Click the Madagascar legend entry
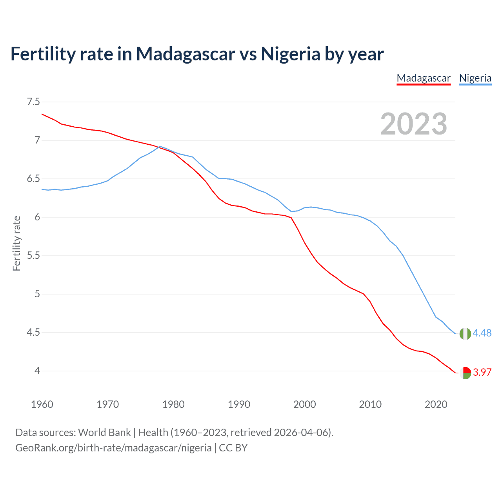424,78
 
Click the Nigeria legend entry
475,78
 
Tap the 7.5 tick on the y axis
33,102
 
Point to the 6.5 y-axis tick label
33,179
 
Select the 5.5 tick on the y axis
33,256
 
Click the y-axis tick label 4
37,371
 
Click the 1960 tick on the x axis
42,404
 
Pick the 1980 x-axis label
173,404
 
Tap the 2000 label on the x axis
304,404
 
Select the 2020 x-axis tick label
436,404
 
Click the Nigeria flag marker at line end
465,333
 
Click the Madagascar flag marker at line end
465,373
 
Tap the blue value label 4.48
482,333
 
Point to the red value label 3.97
482,372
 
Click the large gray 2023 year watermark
413,124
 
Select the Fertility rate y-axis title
16,243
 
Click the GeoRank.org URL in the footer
113,447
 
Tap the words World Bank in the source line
104,432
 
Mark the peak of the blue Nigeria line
160,146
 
